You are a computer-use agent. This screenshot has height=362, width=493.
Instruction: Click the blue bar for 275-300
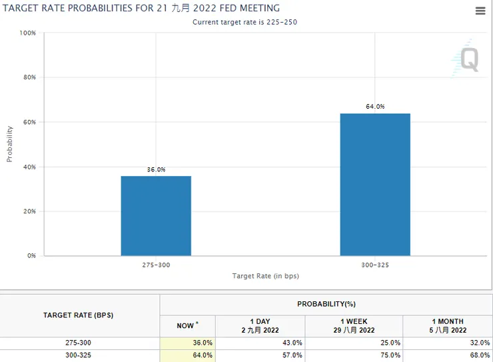click(156, 215)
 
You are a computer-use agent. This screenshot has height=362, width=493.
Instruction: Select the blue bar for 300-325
click(375, 185)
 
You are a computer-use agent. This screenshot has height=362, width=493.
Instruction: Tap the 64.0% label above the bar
click(375, 107)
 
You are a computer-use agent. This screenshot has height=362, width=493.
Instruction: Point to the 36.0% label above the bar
click(156, 169)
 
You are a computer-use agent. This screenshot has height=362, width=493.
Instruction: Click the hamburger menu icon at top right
click(480, 11)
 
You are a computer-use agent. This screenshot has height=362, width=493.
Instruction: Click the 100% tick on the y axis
click(27, 33)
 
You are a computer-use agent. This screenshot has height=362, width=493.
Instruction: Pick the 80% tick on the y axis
click(29, 77)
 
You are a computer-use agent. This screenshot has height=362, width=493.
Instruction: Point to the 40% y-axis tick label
click(29, 167)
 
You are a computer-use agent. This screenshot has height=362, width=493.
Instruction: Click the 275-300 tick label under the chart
click(156, 265)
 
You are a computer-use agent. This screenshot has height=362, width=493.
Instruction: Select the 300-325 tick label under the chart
click(375, 265)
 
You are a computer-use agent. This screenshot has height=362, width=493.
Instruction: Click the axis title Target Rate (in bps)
click(265, 276)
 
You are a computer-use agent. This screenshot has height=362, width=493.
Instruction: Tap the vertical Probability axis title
click(10, 143)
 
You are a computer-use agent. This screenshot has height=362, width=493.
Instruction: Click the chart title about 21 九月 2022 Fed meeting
click(142, 8)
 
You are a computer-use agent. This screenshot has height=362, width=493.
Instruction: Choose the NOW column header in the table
click(187, 325)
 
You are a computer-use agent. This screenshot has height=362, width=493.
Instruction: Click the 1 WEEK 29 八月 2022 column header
click(353, 325)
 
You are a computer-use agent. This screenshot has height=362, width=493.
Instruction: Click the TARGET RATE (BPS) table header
click(79, 315)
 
